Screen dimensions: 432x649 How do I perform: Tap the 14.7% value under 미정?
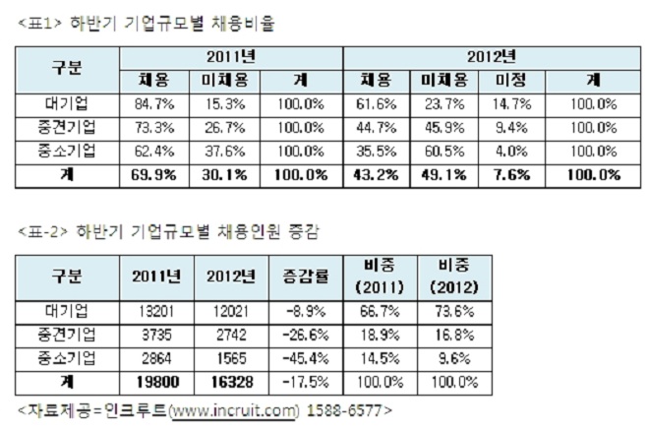(509, 102)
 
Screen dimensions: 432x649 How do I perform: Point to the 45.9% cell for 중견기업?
(442, 127)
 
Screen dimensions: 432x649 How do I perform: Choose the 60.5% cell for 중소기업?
(442, 151)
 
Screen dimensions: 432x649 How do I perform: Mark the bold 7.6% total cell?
(509, 175)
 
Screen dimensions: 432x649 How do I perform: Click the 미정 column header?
(509, 79)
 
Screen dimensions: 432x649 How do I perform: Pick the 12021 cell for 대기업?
(231, 311)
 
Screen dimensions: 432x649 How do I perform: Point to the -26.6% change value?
(305, 335)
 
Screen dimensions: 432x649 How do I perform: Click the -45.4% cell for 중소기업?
(305, 358)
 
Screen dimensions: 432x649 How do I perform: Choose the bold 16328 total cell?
(231, 381)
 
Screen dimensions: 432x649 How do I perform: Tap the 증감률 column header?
(305, 274)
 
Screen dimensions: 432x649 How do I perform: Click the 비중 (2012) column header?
(454, 274)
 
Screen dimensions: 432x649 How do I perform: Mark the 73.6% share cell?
(454, 311)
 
